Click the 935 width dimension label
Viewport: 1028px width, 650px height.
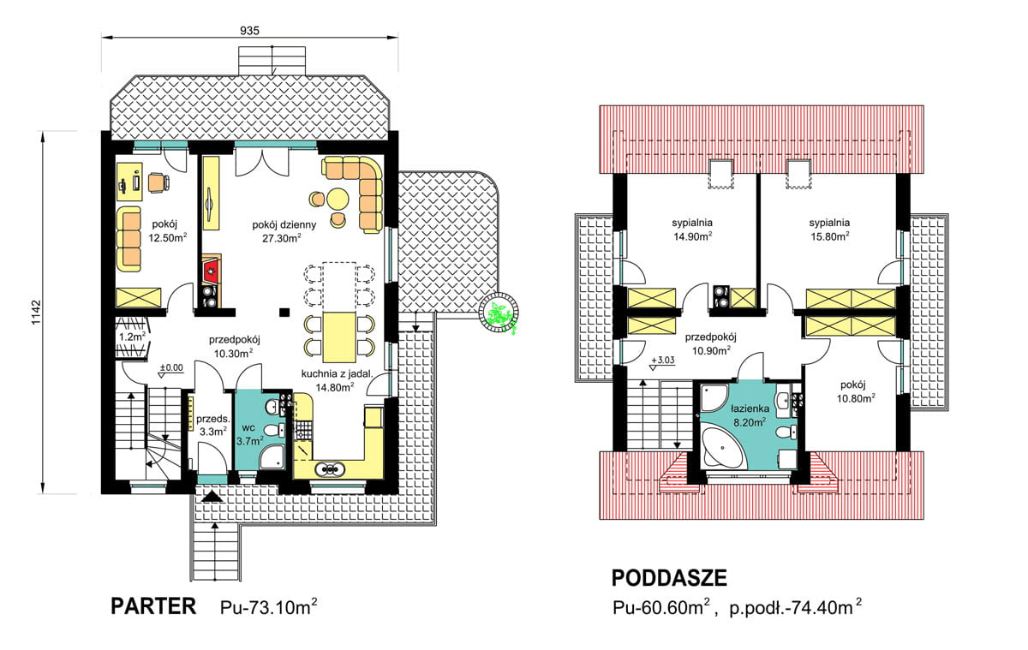click(249, 28)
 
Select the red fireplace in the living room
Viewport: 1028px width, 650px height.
click(211, 272)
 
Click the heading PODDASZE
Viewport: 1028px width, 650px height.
click(669, 580)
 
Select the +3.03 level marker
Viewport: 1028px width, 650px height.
click(665, 361)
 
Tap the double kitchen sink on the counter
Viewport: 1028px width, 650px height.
click(330, 468)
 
